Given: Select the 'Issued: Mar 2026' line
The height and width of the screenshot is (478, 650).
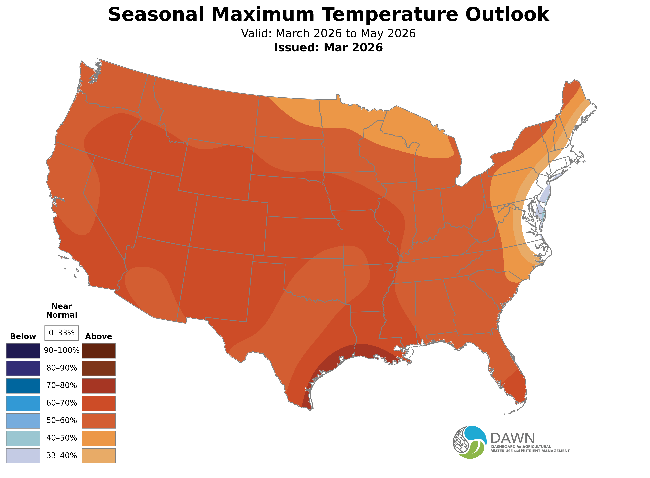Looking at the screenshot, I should [x=328, y=47].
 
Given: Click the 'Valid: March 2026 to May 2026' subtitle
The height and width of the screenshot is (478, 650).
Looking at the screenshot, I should [x=328, y=34].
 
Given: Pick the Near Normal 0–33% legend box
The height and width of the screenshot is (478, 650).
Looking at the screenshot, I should [x=62, y=333].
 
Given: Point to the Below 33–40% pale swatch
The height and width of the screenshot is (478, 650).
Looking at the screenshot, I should [x=23, y=455].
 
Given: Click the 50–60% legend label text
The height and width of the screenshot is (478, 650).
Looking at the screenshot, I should [x=62, y=420].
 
